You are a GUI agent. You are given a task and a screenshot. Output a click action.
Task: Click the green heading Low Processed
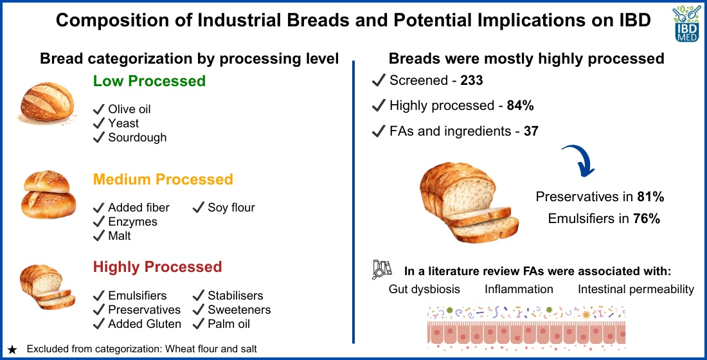tap(149, 81)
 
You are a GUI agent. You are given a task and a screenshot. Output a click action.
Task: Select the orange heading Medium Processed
tap(163, 179)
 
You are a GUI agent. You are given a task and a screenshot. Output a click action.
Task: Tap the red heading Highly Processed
tap(157, 267)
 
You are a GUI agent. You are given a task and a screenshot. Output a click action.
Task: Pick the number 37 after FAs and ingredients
tap(531, 131)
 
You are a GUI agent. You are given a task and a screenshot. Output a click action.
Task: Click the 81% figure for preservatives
tap(650, 197)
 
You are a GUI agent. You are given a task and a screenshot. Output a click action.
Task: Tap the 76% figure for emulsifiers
tap(646, 219)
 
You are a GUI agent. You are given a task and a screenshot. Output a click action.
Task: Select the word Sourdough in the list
tap(138, 138)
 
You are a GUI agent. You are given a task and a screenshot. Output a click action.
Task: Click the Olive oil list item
tap(129, 109)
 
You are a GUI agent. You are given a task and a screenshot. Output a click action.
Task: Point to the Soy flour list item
tap(231, 208)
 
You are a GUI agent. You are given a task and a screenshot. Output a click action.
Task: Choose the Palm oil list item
tap(229, 324)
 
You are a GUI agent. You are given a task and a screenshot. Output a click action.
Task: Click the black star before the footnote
tap(12, 350)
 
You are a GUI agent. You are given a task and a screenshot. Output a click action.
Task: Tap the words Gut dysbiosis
tap(424, 289)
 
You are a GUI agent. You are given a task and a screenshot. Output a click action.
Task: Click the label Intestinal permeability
tap(636, 289)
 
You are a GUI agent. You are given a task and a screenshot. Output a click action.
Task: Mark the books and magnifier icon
tap(381, 270)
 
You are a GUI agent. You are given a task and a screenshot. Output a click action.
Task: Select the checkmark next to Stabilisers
tap(199, 296)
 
